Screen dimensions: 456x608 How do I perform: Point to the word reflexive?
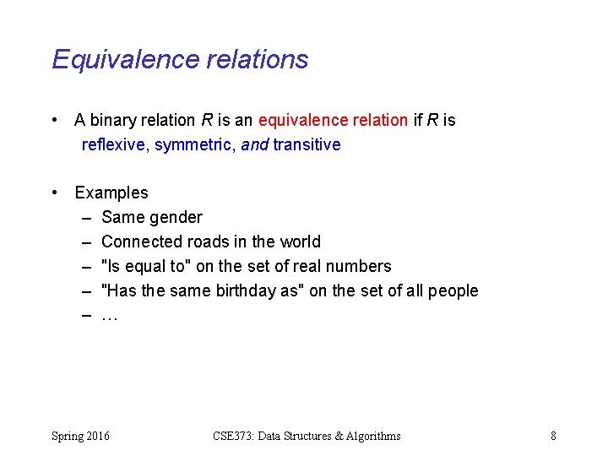[x=115, y=144]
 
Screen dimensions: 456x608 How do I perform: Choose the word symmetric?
[x=194, y=144]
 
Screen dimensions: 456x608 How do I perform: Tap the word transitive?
[x=307, y=144]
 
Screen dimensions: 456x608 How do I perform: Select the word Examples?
[x=111, y=193]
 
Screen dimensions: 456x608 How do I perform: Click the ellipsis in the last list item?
[x=109, y=316]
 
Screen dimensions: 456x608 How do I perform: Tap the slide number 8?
[x=553, y=436]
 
